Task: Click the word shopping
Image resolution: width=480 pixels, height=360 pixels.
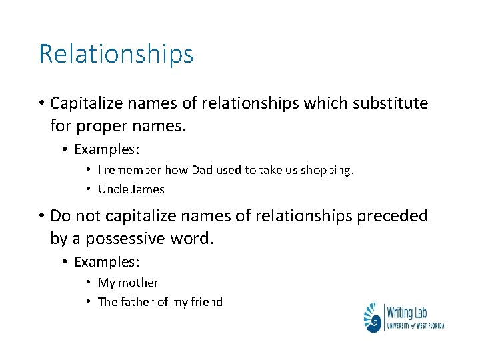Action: [x=327, y=171]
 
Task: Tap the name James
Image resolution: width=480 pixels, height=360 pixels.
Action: [x=148, y=189]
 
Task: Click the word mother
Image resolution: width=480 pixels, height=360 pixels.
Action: [x=138, y=283]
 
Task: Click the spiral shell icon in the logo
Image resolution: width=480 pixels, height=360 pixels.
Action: [x=373, y=317]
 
